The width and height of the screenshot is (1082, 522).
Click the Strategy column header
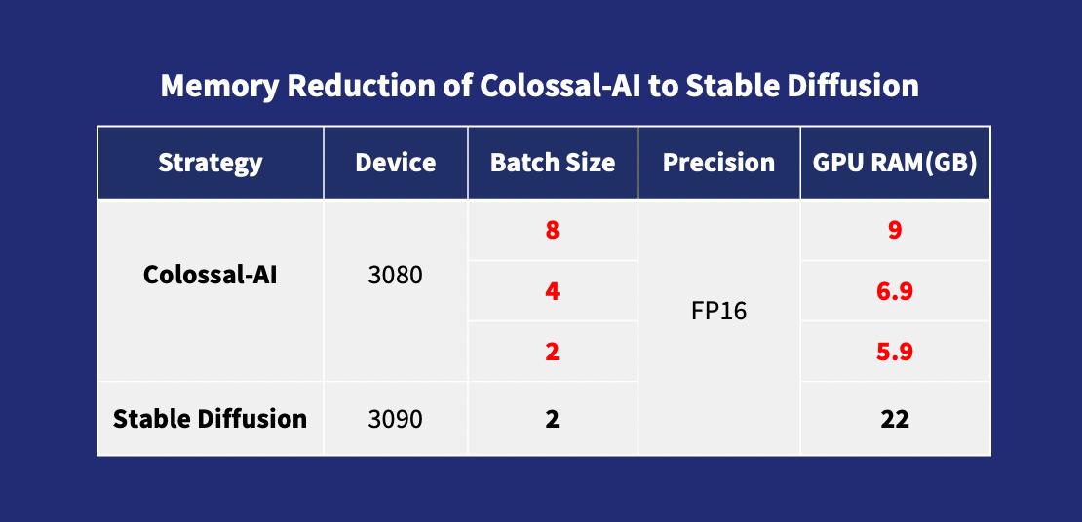point(210,163)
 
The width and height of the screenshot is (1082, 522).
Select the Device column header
point(396,163)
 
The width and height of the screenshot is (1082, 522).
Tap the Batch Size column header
point(552,163)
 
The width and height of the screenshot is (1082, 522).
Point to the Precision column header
point(718,163)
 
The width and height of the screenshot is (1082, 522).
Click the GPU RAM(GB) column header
point(895,163)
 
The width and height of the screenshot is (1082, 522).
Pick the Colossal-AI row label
point(210,276)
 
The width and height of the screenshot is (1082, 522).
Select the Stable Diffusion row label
point(210,419)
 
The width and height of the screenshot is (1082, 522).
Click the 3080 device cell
point(396,276)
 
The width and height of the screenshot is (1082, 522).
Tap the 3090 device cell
point(396,419)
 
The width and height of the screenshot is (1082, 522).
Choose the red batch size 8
point(552,230)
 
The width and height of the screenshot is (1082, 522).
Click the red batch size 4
point(552,292)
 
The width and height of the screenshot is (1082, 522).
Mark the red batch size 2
point(552,353)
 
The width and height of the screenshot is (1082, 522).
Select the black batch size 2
point(552,419)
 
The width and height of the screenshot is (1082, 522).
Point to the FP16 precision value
point(718,312)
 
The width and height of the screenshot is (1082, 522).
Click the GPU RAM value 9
point(895,230)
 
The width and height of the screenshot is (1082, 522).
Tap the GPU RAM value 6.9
point(895,292)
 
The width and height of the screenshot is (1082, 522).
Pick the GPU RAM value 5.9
point(895,353)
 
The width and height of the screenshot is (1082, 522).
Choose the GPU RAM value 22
point(895,419)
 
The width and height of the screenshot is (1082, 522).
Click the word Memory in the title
point(220,87)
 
